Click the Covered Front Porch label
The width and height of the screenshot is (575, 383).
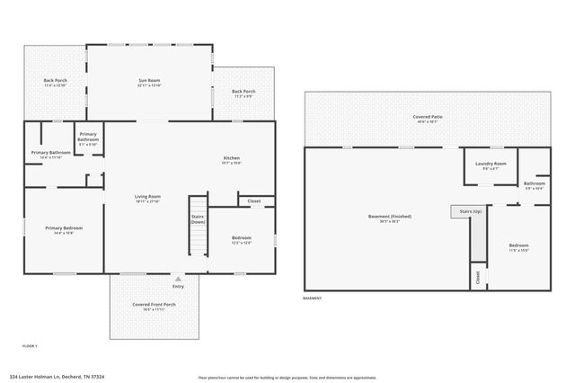click(x=154, y=307)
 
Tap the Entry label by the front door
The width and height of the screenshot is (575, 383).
click(x=178, y=286)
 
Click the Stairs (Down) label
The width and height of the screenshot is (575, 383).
click(x=198, y=218)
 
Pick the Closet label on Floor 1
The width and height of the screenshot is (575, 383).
click(x=254, y=201)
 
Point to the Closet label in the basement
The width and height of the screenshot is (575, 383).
click(x=476, y=277)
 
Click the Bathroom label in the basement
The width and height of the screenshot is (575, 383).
click(x=534, y=184)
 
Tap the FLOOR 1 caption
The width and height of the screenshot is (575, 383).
click(x=30, y=345)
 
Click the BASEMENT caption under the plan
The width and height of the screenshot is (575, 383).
click(x=312, y=298)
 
